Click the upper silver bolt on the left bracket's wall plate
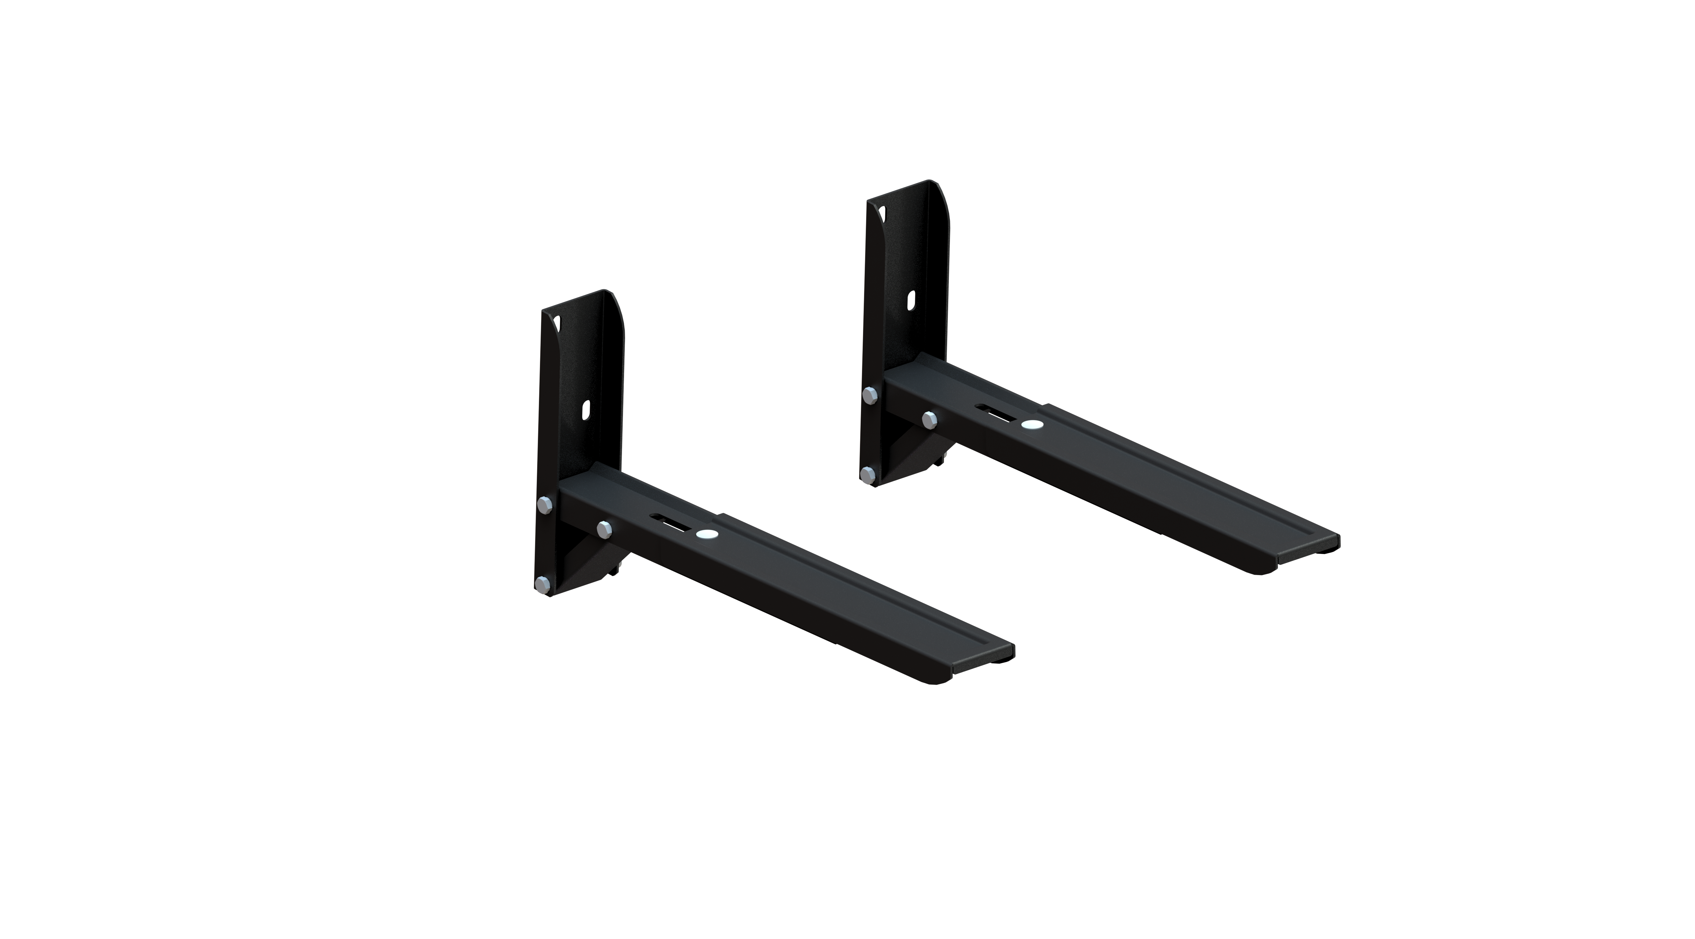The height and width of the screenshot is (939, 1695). [x=545, y=504]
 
